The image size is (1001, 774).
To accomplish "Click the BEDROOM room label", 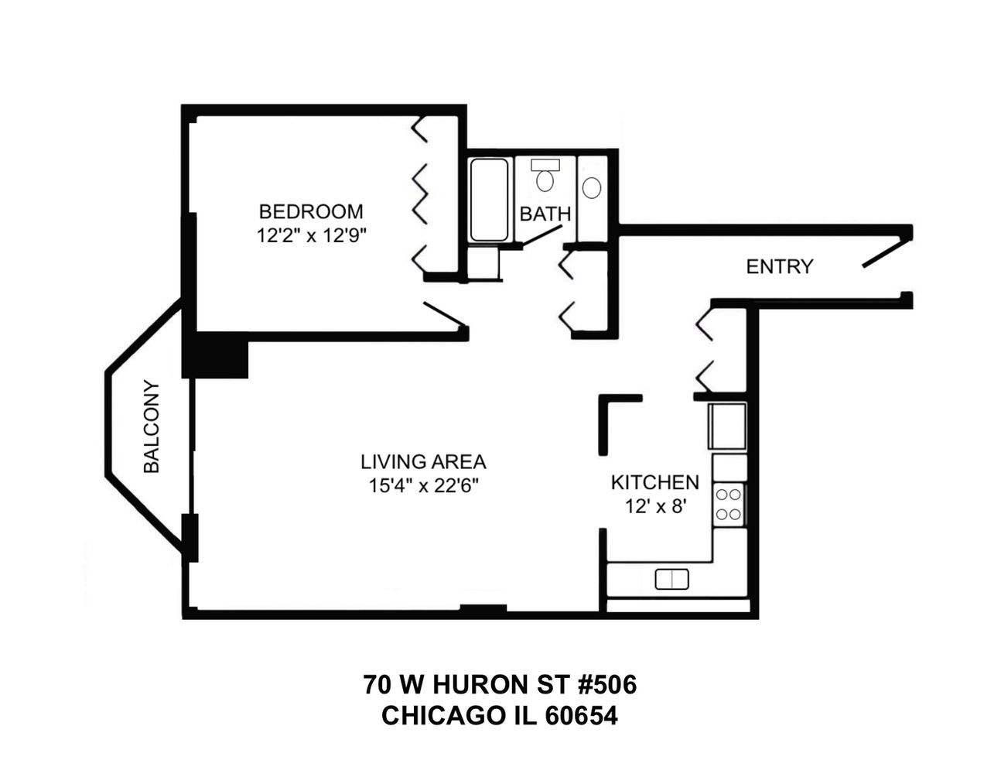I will [310, 211].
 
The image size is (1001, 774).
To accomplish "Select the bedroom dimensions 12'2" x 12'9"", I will [310, 236].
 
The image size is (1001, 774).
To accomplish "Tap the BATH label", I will [545, 214].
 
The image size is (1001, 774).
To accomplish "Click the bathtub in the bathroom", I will [489, 200].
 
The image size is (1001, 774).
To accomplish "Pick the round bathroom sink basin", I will [592, 188].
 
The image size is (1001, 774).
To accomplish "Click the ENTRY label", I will [779, 267].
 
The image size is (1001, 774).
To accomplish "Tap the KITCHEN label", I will [654, 483].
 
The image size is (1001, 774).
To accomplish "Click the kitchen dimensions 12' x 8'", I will [654, 507].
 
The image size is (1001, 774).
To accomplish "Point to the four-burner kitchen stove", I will [729, 503].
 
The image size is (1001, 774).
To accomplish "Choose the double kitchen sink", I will [671, 579].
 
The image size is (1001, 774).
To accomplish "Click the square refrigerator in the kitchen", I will [728, 426].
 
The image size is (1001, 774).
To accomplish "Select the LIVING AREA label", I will [423, 462].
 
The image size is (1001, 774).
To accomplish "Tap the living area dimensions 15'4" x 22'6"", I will [423, 486].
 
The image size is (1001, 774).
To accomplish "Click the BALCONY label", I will [152, 427].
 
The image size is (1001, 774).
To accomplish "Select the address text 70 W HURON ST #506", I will [500, 685].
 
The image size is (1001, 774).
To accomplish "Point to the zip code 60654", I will [582, 717].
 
